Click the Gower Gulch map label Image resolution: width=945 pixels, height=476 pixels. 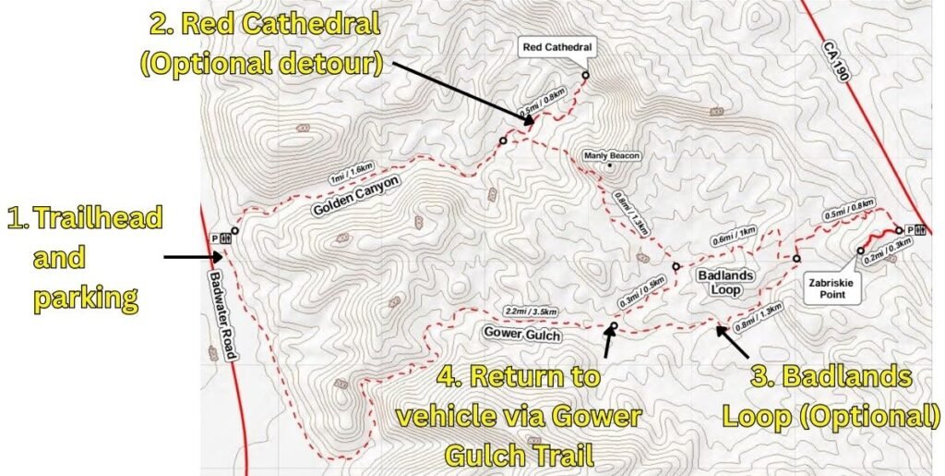521,334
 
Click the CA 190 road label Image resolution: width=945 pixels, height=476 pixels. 835,64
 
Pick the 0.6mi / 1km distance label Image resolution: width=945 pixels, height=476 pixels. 734,236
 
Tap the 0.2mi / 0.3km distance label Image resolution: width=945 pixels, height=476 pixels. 889,249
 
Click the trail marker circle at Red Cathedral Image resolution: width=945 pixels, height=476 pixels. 585,75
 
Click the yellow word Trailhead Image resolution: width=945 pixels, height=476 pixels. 97,219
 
